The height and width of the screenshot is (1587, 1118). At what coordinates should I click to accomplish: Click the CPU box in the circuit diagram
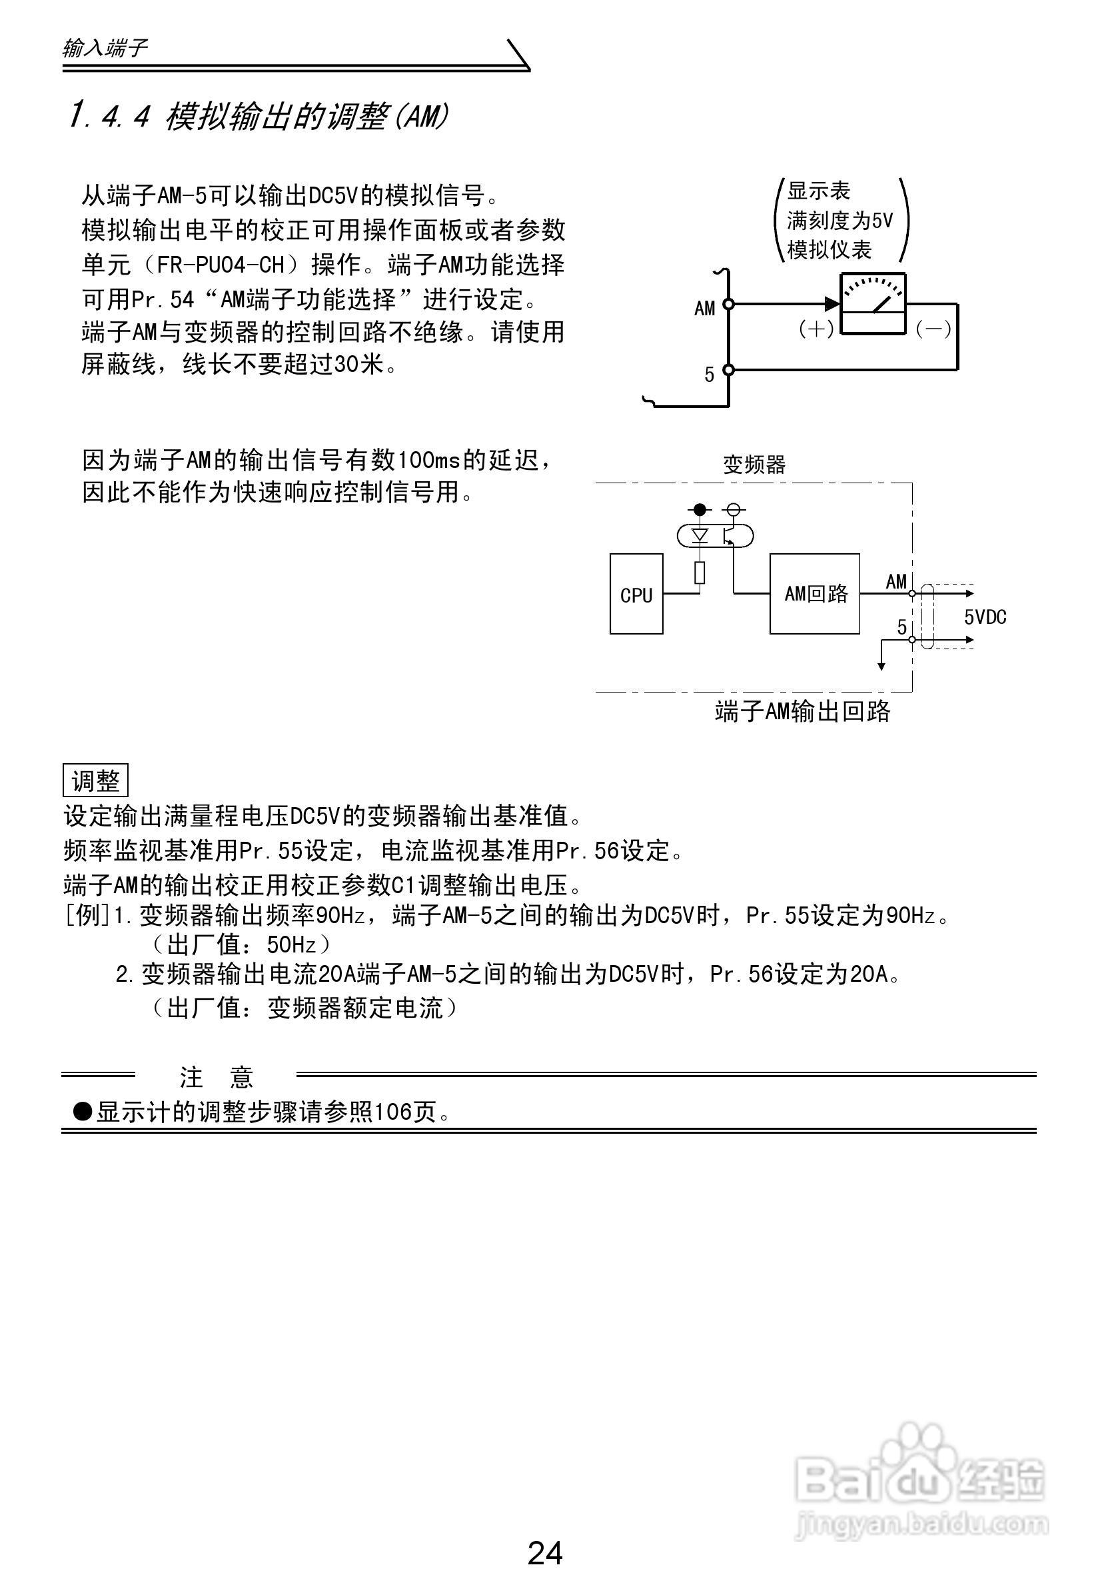(x=636, y=594)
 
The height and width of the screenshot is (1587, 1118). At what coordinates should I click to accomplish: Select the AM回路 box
(x=815, y=594)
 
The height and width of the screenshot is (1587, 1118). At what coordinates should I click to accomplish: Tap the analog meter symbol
(x=872, y=304)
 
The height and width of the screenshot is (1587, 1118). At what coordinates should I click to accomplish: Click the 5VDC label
(x=985, y=617)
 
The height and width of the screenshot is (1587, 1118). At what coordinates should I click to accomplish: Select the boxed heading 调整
(x=95, y=781)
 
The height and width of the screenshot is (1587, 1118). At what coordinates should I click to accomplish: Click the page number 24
(x=545, y=1553)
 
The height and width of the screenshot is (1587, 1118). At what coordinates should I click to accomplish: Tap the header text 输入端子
(x=105, y=49)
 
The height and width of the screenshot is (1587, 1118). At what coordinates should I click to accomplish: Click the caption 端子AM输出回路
(x=802, y=711)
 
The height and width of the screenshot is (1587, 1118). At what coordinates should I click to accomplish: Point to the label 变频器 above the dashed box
(x=754, y=465)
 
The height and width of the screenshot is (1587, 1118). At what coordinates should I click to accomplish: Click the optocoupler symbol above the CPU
(x=714, y=536)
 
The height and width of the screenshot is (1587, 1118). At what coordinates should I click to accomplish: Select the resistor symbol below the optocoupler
(x=700, y=573)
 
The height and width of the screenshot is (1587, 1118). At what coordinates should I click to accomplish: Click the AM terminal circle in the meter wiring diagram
(x=728, y=303)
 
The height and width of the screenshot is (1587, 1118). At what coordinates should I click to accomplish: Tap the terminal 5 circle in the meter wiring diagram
(x=728, y=370)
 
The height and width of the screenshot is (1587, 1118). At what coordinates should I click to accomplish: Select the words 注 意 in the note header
(x=217, y=1077)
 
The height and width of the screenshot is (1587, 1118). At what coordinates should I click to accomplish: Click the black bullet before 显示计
(x=83, y=1112)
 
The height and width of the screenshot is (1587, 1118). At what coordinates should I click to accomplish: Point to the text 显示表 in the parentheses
(x=818, y=191)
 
